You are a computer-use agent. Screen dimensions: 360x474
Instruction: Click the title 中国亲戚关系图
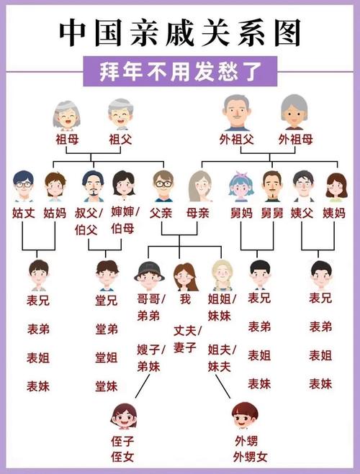[x=180, y=32]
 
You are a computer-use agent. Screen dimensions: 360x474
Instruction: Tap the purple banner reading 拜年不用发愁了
[x=180, y=72]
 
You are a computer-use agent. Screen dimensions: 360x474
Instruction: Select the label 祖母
[x=67, y=140]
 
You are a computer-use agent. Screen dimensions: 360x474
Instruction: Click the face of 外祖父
[x=237, y=113]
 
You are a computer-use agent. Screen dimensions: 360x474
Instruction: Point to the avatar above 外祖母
[x=294, y=112]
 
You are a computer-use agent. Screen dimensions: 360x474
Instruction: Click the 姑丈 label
[x=24, y=213]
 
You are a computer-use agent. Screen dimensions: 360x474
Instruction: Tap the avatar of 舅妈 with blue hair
[x=240, y=186]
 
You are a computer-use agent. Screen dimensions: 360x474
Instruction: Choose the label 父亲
[x=161, y=213]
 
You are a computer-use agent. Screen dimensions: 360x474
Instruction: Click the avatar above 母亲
[x=200, y=186]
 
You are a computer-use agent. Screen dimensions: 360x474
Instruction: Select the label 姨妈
[x=334, y=213]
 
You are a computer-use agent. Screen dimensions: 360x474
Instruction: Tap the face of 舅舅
[x=272, y=186]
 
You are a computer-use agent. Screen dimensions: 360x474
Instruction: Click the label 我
[x=185, y=299]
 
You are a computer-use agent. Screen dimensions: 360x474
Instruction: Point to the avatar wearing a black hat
[x=149, y=275]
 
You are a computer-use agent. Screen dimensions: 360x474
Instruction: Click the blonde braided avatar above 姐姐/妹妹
[x=222, y=275]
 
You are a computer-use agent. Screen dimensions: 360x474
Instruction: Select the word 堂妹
[x=106, y=387]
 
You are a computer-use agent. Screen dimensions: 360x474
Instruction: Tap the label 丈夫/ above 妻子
[x=188, y=331]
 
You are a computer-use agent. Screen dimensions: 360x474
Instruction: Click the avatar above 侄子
[x=123, y=416]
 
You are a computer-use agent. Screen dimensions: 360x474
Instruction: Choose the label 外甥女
[x=250, y=457]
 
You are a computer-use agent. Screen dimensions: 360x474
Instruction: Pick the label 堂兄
[x=106, y=301]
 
